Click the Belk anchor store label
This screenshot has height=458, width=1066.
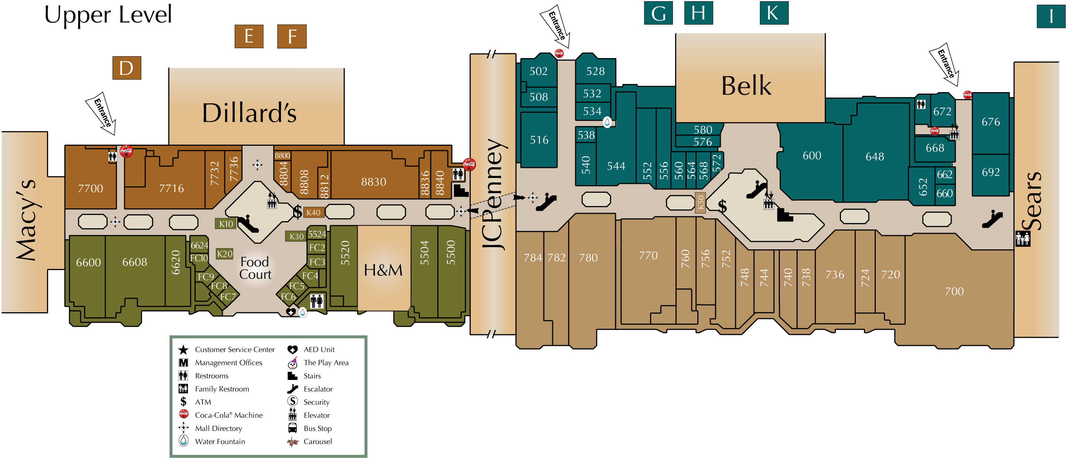coord(746,85)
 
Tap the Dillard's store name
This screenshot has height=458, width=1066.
coord(249,112)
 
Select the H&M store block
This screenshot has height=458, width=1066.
coord(383,270)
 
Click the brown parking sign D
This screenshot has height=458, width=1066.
coord(127,68)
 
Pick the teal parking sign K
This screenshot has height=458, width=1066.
coord(774,13)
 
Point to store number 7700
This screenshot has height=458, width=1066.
coord(90,188)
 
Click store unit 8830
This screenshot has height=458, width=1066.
coord(373,182)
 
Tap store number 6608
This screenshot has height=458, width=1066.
coord(134,262)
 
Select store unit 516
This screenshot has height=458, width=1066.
coord(539,140)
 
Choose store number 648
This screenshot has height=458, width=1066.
coord(874,156)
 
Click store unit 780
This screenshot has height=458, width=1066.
coord(588,258)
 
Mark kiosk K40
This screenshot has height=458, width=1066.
coord(313,213)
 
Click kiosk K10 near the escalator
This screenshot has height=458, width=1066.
coord(226,224)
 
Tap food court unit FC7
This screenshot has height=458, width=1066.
coord(228,297)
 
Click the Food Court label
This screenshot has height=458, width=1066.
coord(255,268)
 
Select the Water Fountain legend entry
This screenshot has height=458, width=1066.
coord(220,441)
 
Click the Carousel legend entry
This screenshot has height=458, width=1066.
coord(318,441)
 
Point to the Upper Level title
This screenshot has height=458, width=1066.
coord(108,15)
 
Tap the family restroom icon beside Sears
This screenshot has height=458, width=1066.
coord(1023,238)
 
